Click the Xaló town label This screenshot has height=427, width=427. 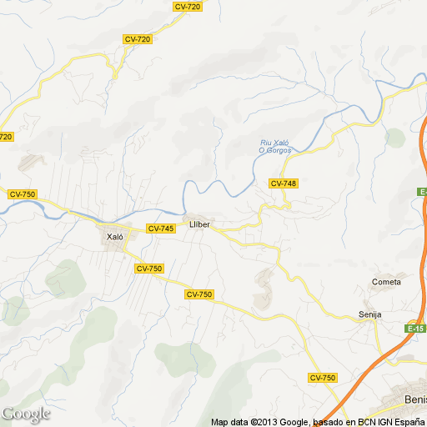115,237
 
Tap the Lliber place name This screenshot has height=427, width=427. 199,224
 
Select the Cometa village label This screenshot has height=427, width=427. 386,282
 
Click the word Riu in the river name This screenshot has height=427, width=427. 267,143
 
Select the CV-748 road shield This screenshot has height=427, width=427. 284,183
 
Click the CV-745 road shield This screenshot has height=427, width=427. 161,229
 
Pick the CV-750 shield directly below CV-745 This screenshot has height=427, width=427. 148,268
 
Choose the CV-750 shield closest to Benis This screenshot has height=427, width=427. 322,378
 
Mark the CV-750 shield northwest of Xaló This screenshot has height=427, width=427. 23,194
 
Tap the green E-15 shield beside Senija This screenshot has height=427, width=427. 417,329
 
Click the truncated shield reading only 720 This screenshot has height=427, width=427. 6,137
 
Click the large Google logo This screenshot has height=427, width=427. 26,413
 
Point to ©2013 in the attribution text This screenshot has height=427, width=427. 260,422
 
